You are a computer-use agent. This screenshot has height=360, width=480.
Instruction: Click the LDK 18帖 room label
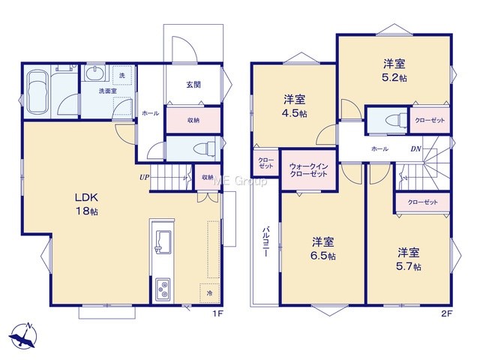[87, 204]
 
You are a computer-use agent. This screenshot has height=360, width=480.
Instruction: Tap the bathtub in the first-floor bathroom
[38, 92]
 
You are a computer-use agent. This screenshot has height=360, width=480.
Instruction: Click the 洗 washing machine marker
[122, 75]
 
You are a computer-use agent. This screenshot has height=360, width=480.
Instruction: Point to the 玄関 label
[193, 84]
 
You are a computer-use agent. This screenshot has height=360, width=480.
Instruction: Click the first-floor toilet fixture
[205, 148]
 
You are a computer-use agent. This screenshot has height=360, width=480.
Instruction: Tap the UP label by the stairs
[144, 177]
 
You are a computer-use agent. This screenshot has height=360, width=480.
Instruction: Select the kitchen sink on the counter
[163, 241]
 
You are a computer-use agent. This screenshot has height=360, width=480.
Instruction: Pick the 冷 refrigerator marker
[209, 293]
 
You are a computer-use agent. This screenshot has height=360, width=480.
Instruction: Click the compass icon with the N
[23, 336]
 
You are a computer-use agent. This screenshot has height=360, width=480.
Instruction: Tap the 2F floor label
[447, 313]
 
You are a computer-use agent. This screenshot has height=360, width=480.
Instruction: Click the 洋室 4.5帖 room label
[295, 106]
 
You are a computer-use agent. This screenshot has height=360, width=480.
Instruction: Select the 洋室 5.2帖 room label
[394, 70]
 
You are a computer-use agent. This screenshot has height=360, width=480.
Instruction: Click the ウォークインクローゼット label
[308, 170]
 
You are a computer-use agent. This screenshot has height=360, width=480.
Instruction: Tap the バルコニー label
[265, 241]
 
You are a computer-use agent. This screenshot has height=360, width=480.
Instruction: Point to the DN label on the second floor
[415, 149]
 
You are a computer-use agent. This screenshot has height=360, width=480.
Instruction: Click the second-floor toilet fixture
[396, 119]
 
